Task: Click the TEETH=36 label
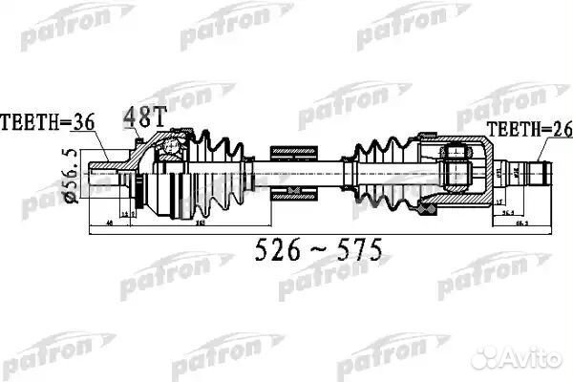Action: click(x=46, y=122)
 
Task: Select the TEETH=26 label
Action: click(x=522, y=129)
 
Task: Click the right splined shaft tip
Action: click(x=541, y=174)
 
